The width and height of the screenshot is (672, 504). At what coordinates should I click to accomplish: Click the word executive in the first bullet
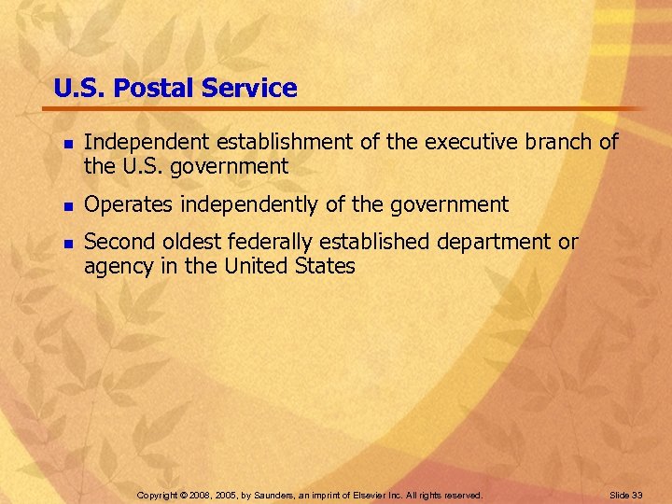[x=475, y=142]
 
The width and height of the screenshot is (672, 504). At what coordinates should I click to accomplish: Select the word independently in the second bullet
[x=245, y=204]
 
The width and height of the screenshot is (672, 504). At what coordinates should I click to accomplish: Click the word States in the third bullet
[x=326, y=266]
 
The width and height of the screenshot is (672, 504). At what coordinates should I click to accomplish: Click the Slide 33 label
[x=626, y=495]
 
